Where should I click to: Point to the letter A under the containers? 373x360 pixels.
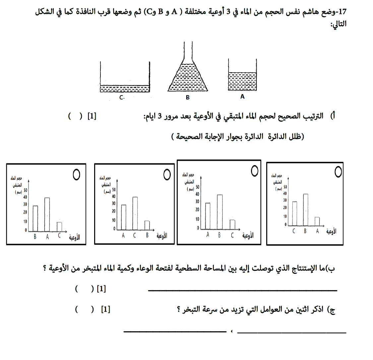tap(242, 97)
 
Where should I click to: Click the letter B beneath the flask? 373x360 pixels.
tap(188, 97)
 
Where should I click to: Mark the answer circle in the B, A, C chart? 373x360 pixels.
tap(76, 174)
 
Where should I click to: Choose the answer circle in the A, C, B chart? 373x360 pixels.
tap(167, 174)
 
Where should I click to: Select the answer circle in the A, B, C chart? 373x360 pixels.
tap(255, 171)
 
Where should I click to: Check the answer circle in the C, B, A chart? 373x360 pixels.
tap(338, 172)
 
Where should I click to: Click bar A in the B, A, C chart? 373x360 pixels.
tap(47, 214)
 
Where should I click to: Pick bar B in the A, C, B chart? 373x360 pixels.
tap(147, 225)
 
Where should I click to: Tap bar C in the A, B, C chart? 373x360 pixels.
tap(232, 224)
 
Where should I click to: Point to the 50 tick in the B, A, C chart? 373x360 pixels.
tap(25, 190)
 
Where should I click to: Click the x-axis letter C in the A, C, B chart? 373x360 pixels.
tap(135, 236)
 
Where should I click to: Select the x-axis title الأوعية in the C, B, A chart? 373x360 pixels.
tap(331, 231)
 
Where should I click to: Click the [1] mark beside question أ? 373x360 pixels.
tap(92, 116)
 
